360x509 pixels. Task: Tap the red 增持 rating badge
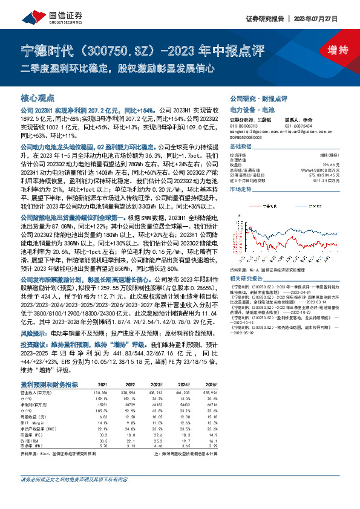329,50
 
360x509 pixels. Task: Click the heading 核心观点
38,97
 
